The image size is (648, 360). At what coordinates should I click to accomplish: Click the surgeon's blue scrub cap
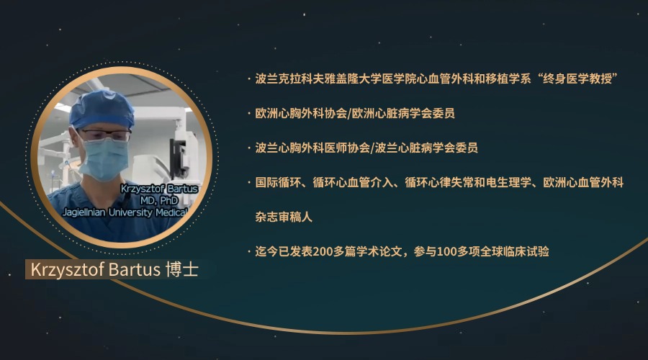pos(102,109)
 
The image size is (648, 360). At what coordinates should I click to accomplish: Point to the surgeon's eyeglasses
pos(105,135)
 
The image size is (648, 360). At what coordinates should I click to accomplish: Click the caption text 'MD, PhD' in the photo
pos(159,200)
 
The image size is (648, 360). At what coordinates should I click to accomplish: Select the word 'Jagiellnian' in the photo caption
pos(84,212)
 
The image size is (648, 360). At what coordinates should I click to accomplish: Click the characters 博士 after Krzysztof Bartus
pos(182,269)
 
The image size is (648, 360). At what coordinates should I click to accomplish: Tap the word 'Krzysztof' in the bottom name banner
pos(68,270)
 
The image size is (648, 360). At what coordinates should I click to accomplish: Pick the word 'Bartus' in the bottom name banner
pos(135,269)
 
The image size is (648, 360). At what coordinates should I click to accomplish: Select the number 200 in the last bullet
pos(320,251)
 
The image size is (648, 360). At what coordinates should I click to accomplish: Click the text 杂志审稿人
pos(284,217)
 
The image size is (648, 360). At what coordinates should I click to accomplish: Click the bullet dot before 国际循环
pos(249,182)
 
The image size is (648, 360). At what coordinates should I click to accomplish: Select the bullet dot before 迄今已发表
pos(249,251)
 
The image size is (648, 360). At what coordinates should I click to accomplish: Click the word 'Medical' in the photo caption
pos(171,212)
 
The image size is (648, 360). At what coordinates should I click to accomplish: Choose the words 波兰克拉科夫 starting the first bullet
pos(289,78)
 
